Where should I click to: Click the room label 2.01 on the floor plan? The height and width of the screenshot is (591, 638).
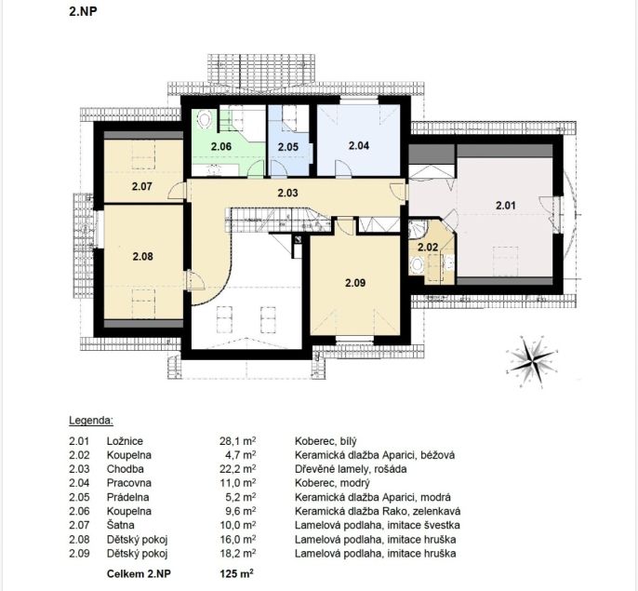506,206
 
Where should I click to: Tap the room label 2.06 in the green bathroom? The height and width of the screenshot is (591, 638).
221,147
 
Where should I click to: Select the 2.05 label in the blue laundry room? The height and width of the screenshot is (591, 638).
288,147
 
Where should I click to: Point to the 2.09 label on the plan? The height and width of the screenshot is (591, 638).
355,283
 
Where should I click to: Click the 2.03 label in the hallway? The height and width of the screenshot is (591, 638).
287,193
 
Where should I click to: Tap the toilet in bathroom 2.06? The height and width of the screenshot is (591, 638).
205,119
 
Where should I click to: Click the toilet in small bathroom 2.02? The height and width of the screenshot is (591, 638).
417,265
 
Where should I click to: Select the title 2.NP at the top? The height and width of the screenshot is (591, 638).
83,11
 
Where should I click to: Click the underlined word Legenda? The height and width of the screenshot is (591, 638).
91,421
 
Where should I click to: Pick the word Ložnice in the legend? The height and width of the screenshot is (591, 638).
125,441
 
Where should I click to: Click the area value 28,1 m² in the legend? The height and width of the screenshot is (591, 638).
238,441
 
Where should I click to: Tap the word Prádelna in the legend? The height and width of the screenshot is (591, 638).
127,497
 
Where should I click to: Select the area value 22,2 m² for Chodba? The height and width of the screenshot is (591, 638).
238,469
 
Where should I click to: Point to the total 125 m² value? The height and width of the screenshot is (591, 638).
237,574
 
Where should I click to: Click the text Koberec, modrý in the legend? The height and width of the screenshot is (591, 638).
332,483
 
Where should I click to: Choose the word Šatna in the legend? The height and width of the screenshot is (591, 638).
121,525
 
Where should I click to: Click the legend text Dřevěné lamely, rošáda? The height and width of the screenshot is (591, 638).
351,469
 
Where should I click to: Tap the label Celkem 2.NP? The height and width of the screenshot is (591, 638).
139,574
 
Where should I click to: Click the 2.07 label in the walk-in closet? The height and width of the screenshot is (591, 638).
142,186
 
